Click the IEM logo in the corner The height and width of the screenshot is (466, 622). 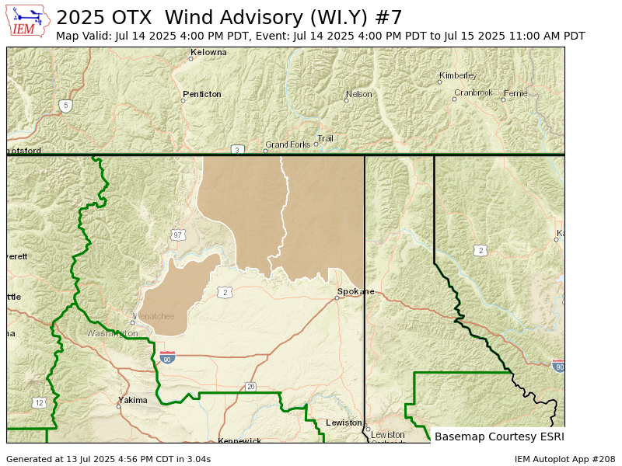(x=28, y=21)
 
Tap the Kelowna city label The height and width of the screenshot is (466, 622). (x=210, y=52)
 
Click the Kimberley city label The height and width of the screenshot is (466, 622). (x=459, y=75)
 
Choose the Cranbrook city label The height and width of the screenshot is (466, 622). (x=474, y=92)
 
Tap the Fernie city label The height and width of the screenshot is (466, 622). (x=516, y=93)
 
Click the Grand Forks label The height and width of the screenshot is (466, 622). (x=288, y=144)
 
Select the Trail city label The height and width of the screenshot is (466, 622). (x=326, y=138)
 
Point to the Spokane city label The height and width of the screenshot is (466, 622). (x=356, y=292)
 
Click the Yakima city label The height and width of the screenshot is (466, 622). (x=134, y=400)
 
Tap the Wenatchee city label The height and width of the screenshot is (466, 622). (x=155, y=316)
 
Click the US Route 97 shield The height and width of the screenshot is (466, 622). (x=178, y=234)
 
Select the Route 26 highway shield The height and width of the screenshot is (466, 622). (x=250, y=386)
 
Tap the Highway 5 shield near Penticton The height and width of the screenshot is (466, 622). (x=65, y=105)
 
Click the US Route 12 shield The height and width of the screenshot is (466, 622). (x=39, y=402)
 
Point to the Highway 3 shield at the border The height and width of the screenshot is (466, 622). (x=237, y=149)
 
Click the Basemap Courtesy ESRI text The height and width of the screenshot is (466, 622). (x=498, y=436)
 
